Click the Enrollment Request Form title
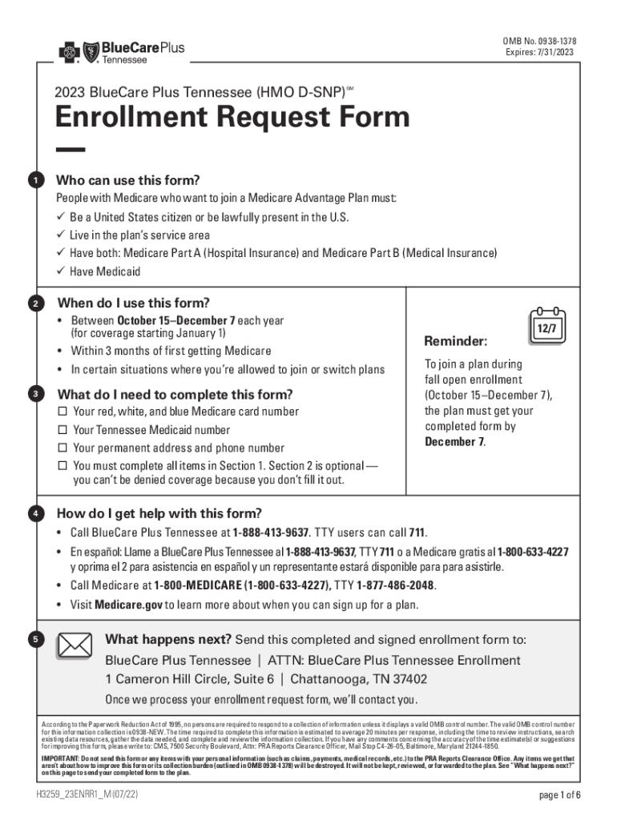[x=232, y=118]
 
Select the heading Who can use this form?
[x=128, y=179]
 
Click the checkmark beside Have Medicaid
[x=60, y=271]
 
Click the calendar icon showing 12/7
[x=547, y=324]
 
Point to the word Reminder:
[x=454, y=342]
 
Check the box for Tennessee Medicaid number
[x=62, y=430]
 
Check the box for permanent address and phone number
[x=62, y=448]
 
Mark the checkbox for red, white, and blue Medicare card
[x=62, y=412]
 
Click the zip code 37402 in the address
[x=409, y=679]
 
